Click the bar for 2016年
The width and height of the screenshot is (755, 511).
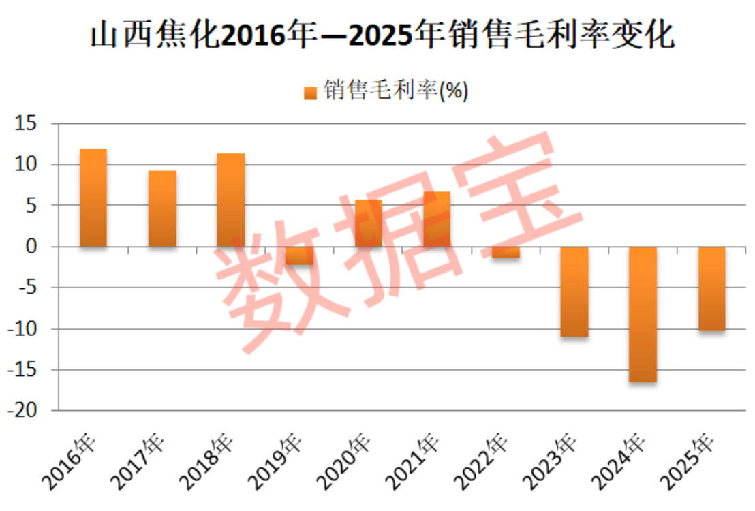tap(93, 198)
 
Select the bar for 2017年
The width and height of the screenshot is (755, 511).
tap(162, 208)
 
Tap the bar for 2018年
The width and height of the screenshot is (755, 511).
tap(231, 200)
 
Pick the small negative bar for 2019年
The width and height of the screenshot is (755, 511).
tap(300, 255)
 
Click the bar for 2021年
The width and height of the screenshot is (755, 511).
tap(437, 219)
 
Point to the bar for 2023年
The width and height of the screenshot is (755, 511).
tap(574, 292)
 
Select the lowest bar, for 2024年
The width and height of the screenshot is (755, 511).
tap(643, 314)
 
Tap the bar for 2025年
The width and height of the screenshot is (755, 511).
tap(711, 289)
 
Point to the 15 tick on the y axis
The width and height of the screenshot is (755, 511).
tap(28, 124)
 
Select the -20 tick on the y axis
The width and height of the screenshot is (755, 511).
tap(24, 411)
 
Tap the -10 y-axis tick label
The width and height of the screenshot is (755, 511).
tap(24, 329)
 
